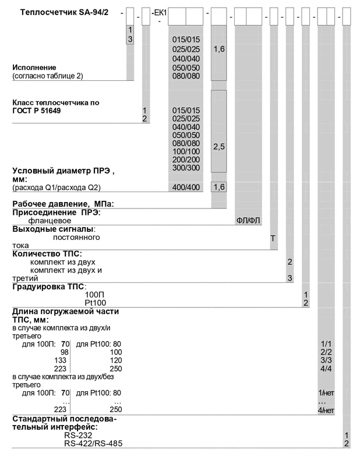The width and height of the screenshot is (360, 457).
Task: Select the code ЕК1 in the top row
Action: tap(159, 12)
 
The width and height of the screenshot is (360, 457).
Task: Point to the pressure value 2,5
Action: tap(218, 148)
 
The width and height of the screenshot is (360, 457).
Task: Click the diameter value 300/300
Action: tap(186, 168)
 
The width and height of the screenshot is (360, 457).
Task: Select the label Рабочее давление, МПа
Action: tap(62, 204)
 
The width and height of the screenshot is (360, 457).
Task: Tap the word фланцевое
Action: tap(50, 221)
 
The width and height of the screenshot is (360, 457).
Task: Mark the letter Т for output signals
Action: tap(273, 238)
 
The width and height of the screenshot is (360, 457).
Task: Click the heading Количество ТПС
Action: tap(47, 254)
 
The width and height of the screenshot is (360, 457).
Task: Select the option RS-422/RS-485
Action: tap(93, 444)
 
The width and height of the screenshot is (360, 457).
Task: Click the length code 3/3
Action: tap(326, 361)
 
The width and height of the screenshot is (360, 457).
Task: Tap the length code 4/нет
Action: tap(326, 410)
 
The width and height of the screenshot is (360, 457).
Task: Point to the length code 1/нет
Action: tap(326, 394)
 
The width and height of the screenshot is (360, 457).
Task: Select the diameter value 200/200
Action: tap(186, 160)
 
